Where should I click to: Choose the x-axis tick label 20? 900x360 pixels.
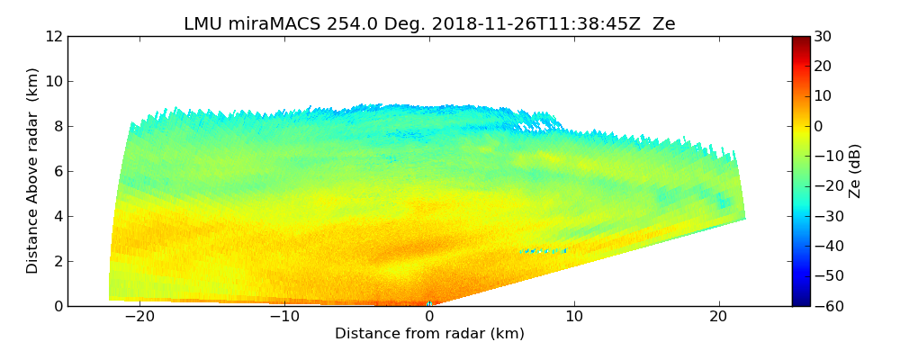click(719, 317)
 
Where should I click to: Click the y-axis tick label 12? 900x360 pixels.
click(53, 37)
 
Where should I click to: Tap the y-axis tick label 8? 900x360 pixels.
click(58, 127)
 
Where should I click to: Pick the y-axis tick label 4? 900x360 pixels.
click(58, 217)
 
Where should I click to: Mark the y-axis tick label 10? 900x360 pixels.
click(53, 82)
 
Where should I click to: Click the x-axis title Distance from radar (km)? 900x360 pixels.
click(429, 334)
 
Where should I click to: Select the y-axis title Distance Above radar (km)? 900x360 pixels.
click(33, 171)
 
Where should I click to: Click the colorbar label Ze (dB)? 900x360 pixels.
click(855, 171)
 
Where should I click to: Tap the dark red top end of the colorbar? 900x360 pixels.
click(800, 40)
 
